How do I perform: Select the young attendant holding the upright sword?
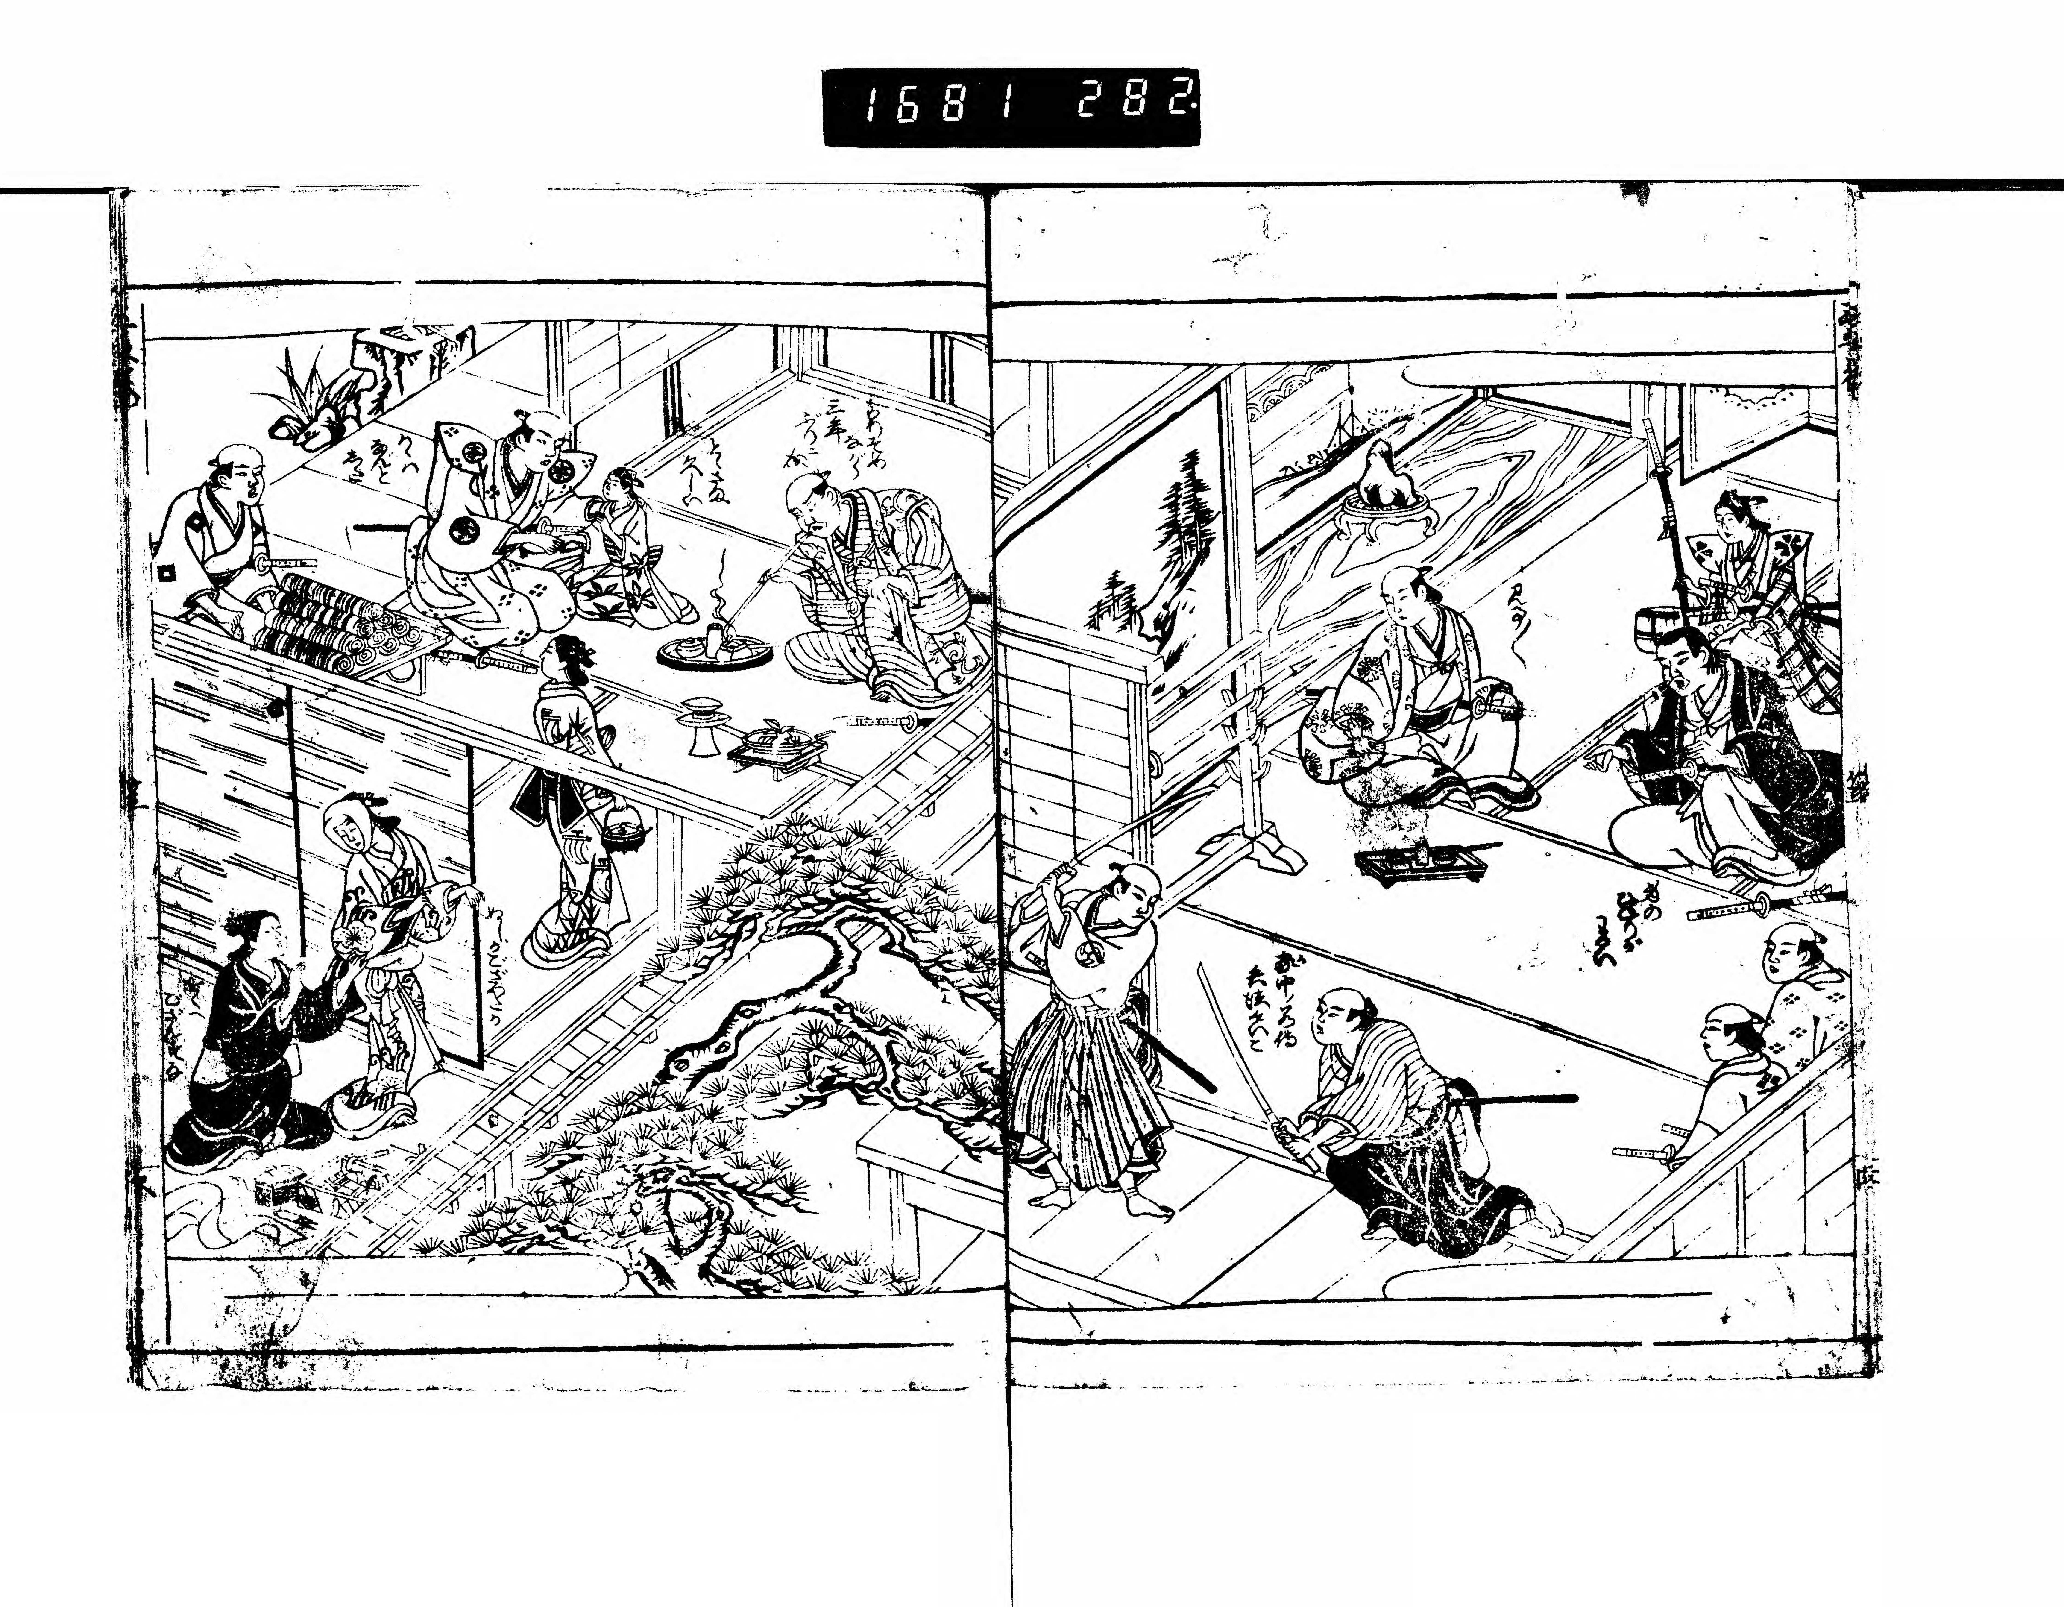tap(1748, 558)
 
